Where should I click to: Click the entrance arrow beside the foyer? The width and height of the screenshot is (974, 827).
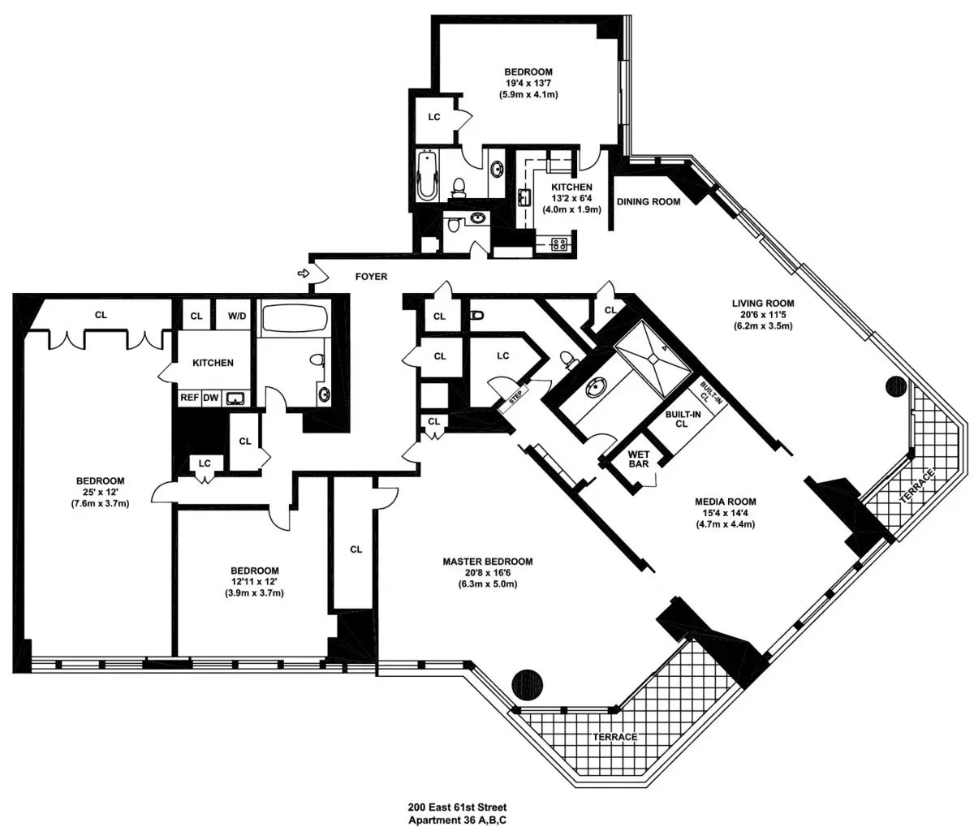tap(303, 274)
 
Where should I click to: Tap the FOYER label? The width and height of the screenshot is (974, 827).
tap(371, 277)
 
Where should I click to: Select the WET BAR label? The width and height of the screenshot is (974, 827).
tap(639, 459)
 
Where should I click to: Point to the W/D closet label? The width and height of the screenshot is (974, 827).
tap(237, 316)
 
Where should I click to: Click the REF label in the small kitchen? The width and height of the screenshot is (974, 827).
tap(189, 398)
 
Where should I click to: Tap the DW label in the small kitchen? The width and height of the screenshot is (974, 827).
tap(211, 398)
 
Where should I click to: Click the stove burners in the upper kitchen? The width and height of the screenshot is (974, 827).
tap(559, 244)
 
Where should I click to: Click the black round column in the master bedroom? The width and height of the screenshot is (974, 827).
tap(528, 683)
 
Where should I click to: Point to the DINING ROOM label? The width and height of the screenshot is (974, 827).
tap(649, 202)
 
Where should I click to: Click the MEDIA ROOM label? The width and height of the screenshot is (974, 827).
tap(726, 502)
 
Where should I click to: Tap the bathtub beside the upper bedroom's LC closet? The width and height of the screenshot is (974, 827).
tap(428, 175)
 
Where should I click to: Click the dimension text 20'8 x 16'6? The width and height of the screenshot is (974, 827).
tap(488, 572)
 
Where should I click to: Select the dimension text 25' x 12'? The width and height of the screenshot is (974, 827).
tap(100, 492)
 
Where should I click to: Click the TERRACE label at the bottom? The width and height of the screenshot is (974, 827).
tap(615, 737)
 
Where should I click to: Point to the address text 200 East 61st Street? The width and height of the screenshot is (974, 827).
tap(458, 808)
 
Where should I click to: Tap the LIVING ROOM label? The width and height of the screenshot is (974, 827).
tap(763, 304)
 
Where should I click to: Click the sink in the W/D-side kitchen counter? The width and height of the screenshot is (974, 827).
tap(235, 398)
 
